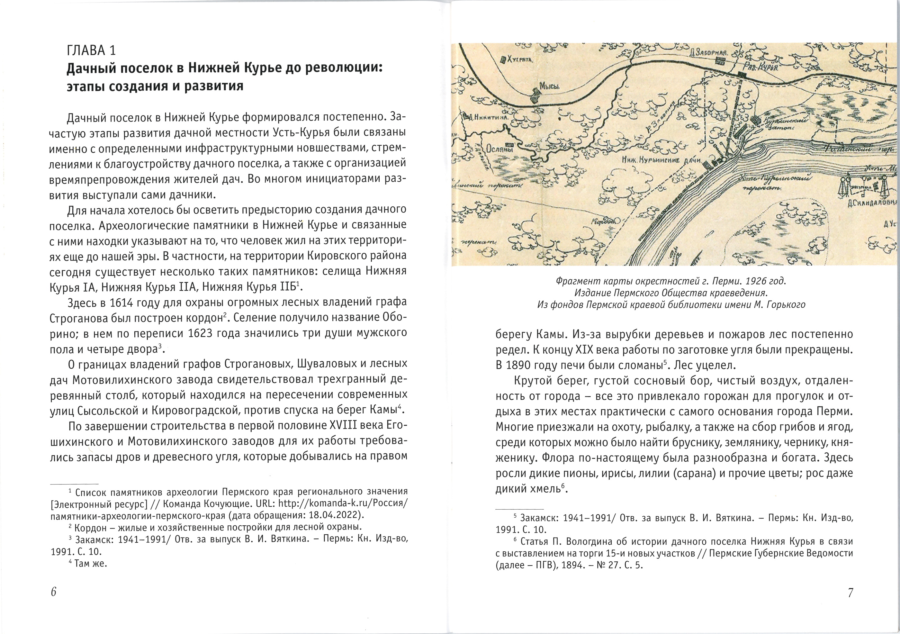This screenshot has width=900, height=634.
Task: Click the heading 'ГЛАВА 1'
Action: (x=91, y=50)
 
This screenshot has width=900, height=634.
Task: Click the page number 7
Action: (x=850, y=593)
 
